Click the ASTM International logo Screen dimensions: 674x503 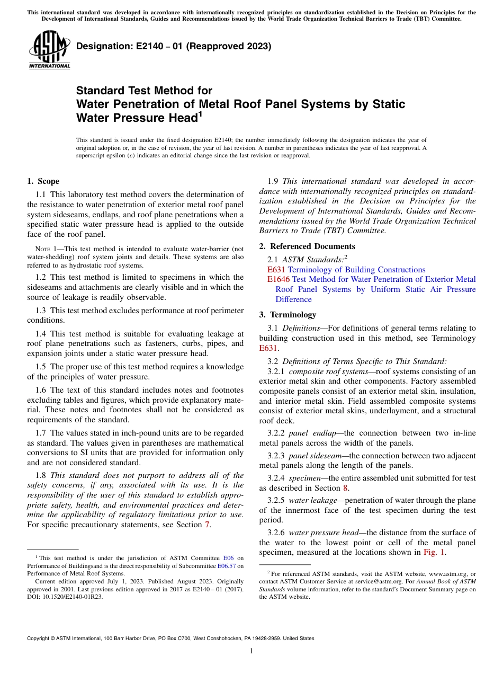(49, 51)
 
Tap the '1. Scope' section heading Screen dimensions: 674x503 (43, 181)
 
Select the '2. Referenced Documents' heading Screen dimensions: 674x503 (307, 246)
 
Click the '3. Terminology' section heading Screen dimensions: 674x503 (288, 315)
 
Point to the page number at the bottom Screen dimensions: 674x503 (251, 651)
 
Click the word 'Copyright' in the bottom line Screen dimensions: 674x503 (40, 638)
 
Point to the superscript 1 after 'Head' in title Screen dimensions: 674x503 (200, 114)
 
